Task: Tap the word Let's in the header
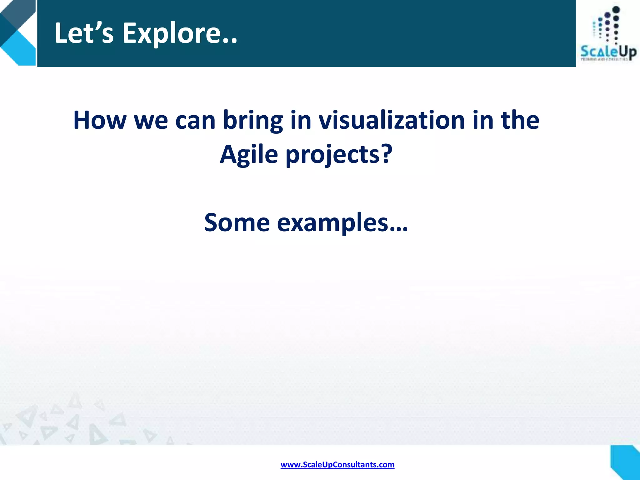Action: coord(84,33)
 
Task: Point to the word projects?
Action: coord(339,155)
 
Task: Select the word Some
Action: coord(237,222)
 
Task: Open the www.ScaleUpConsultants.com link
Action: coord(337,465)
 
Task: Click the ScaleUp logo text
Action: coord(608,52)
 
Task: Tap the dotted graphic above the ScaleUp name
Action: coord(607,27)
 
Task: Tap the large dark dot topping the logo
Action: coord(616,10)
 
